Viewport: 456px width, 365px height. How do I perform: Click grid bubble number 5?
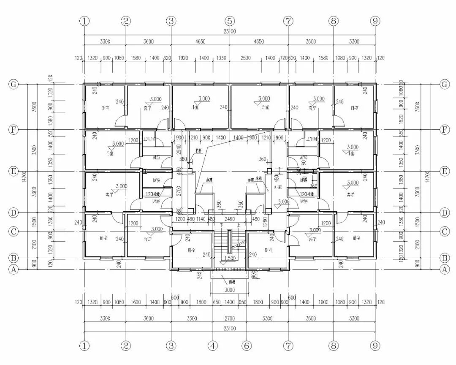coord(229,21)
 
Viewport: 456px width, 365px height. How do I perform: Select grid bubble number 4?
coord(213,346)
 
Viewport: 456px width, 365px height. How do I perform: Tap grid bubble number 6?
coord(246,346)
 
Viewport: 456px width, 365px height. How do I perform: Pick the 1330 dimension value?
coord(221,58)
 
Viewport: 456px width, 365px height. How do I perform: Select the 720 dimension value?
coord(284,58)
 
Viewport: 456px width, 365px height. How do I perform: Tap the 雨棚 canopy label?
coord(231,281)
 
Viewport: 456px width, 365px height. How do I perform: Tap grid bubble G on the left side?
coord(14,84)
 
